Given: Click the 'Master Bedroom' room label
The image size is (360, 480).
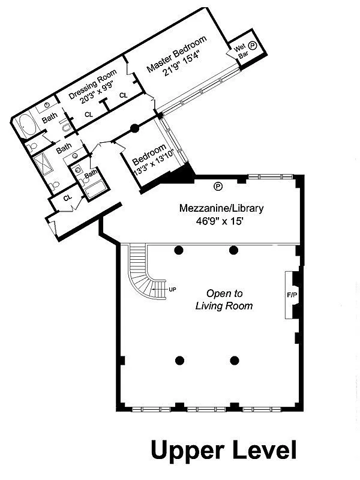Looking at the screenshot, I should pos(177,55).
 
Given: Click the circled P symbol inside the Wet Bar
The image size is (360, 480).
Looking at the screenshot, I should pos(253,45).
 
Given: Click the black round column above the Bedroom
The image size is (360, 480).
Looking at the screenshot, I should pos(135,127).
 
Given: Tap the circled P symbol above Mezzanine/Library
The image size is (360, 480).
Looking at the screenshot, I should pos(218,186).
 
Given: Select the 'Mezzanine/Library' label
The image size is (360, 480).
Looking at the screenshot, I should pos(221,209).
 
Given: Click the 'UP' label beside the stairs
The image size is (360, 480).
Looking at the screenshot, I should pos(173,290).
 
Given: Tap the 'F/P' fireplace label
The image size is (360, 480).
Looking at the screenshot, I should pos(292,296).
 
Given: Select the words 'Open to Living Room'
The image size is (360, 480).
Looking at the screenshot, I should pos(224,299).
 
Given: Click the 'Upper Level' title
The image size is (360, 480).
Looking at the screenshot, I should pos(223,449).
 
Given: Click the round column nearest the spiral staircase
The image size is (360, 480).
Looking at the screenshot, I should pos(179,250).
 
